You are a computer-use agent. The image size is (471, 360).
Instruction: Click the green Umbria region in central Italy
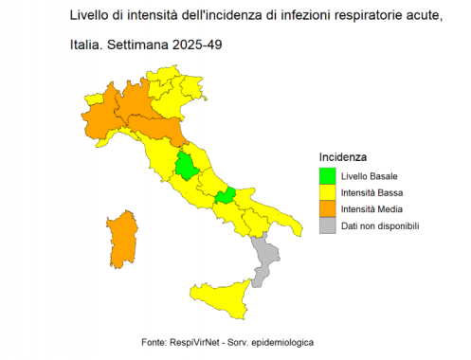tap(189, 166)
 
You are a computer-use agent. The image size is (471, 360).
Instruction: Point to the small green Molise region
tap(226, 196)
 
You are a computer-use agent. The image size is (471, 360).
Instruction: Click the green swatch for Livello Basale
tap(327, 176)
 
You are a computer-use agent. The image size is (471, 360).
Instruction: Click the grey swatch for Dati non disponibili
tap(327, 225)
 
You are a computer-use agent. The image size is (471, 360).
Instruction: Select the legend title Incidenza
tap(343, 156)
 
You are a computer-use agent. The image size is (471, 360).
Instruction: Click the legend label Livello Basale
tap(370, 176)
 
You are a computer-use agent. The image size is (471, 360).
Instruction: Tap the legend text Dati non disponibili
tap(380, 225)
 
